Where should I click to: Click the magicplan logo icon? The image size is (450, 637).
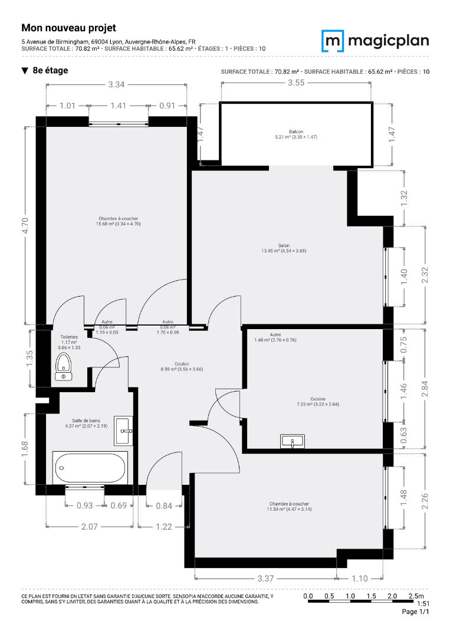(x=333, y=41)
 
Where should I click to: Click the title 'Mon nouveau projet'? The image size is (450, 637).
(x=68, y=28)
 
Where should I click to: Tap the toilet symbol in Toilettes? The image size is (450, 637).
(x=63, y=366)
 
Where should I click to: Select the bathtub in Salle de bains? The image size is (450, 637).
(x=90, y=468)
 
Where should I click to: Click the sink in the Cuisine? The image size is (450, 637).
(x=293, y=441)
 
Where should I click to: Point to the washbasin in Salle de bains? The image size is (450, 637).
(x=123, y=430)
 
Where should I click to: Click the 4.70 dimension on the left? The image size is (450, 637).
(x=25, y=226)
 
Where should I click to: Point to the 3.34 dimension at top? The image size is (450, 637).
(x=116, y=84)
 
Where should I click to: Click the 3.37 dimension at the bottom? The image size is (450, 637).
(x=265, y=578)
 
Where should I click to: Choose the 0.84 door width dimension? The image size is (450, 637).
(x=164, y=506)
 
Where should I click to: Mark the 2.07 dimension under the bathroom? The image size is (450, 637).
(x=89, y=527)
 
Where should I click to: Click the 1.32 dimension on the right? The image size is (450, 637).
(x=403, y=198)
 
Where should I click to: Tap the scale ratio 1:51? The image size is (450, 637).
(x=423, y=604)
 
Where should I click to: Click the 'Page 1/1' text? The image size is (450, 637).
(x=415, y=612)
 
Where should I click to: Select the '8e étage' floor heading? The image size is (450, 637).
(x=50, y=71)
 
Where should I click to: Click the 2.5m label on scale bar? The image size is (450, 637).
(x=416, y=596)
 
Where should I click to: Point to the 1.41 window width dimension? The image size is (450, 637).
(x=118, y=106)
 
